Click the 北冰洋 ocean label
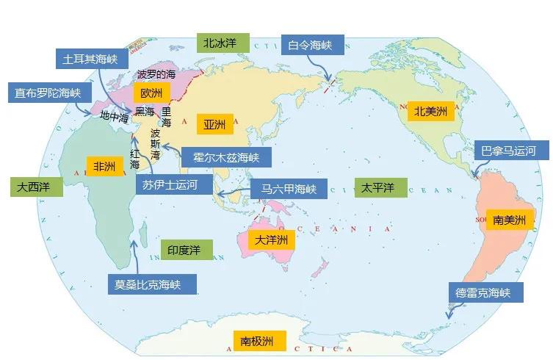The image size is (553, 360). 220,43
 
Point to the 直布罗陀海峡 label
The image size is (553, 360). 48,93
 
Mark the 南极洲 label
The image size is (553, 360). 257,341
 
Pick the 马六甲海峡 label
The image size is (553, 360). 283,189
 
